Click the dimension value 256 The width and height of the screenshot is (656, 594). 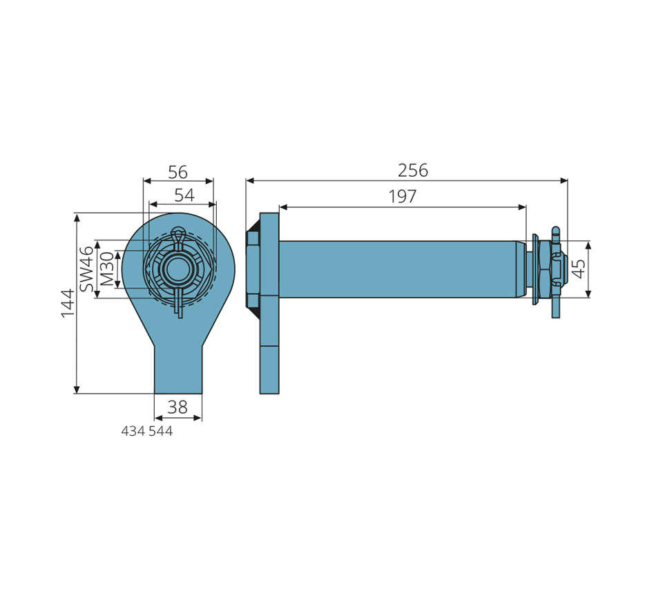[x=412, y=171]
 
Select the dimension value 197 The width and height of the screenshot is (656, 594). [x=403, y=196]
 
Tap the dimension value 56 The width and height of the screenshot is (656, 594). [x=177, y=172]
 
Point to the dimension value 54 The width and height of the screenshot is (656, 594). [x=184, y=195]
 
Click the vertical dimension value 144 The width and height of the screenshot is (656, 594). [x=68, y=303]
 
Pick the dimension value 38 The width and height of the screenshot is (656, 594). [x=177, y=407]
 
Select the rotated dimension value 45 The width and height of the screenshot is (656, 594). [x=579, y=268]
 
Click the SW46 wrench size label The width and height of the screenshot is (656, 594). [x=86, y=269]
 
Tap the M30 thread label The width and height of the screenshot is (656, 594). [x=107, y=268]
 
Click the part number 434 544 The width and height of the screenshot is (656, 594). [x=147, y=431]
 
